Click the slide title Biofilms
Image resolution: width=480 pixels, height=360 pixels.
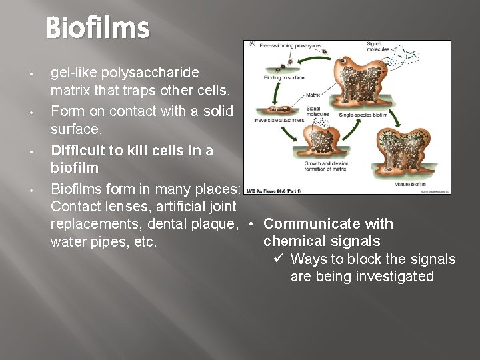coord(97,29)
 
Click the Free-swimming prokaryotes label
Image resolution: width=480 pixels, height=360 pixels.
coord(291,47)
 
